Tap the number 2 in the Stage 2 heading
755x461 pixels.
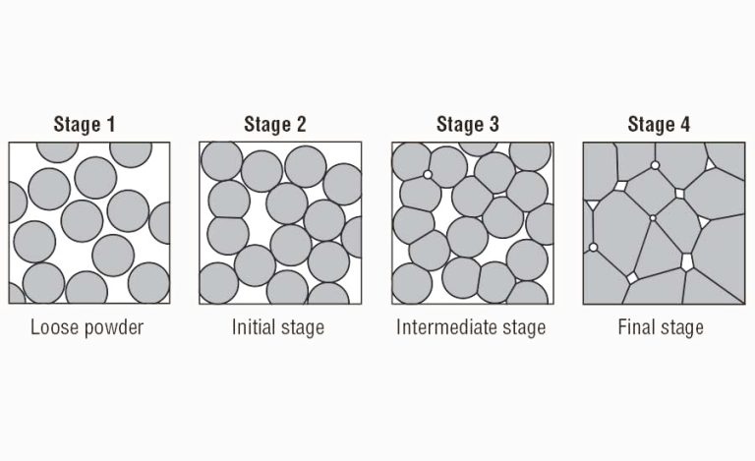tap(301, 125)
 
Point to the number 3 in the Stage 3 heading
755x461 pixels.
tap(494, 125)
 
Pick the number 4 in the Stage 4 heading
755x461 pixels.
tap(685, 125)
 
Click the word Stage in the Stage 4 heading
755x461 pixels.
tap(652, 125)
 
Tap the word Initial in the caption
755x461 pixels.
tap(254, 327)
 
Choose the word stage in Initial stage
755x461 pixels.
tap(302, 327)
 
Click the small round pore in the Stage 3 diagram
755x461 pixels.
tap(427, 175)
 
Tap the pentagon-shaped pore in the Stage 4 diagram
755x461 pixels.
tap(687, 260)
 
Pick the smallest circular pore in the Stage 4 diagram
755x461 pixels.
tap(652, 218)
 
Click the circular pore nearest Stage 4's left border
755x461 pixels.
tap(593, 247)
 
